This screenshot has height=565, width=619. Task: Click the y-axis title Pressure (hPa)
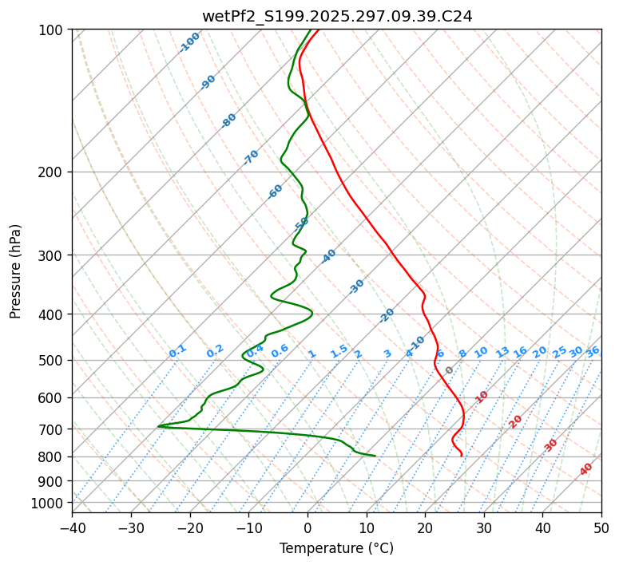[x=16, y=271]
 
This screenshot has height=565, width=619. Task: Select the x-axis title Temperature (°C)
[x=336, y=548]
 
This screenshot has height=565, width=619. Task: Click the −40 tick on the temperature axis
[x=72, y=527]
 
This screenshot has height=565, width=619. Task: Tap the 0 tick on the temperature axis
[x=308, y=527]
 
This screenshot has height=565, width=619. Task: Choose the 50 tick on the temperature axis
[x=601, y=527]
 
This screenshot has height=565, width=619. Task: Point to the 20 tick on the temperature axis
[x=425, y=527]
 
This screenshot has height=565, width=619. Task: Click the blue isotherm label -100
[x=190, y=41]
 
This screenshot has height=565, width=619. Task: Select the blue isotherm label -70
[x=251, y=157]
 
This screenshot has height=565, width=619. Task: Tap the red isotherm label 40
[x=586, y=470]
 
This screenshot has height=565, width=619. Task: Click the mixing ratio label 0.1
[x=177, y=351]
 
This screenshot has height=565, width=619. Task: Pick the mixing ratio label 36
[x=593, y=351]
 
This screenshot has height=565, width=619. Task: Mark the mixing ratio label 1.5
[x=339, y=351]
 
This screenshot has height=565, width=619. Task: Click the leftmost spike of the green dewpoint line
[x=158, y=426]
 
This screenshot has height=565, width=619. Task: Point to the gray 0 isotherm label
[x=450, y=370]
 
